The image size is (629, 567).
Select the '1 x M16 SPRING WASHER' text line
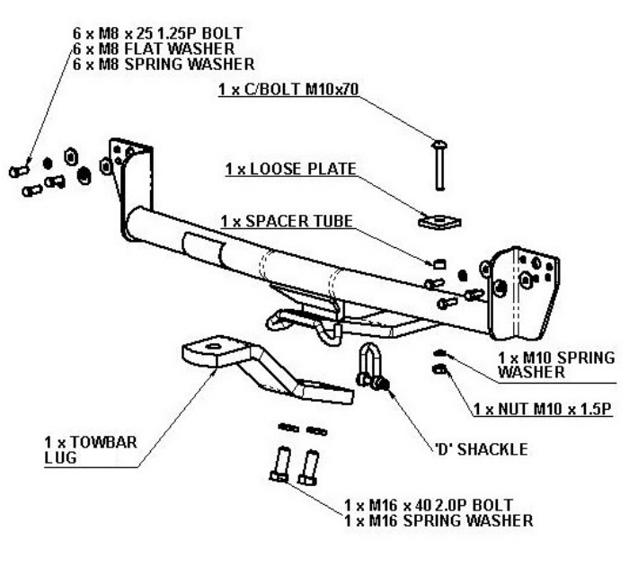439,520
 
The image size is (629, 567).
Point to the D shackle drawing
369,367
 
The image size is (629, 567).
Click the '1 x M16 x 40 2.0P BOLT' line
433,506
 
